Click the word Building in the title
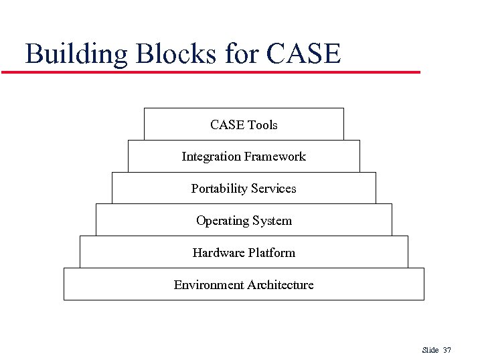point(76,54)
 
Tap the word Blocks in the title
point(176,54)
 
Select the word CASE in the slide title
point(303,54)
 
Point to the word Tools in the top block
point(262,125)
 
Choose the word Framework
point(274,157)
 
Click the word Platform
point(272,253)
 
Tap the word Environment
point(208,285)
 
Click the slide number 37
point(447,350)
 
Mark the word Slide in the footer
point(430,350)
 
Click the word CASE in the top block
point(227,125)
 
